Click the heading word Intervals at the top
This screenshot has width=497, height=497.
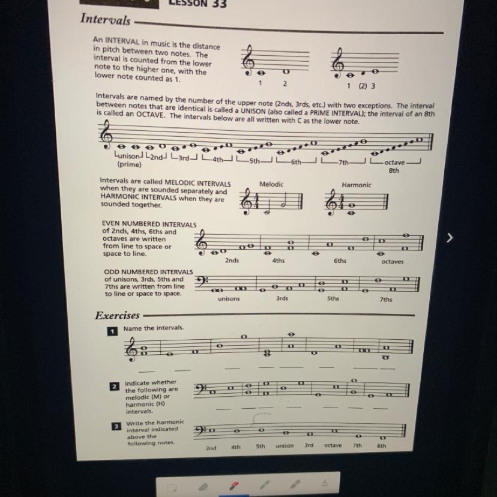pos(105,19)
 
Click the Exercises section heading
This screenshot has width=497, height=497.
pos(117,315)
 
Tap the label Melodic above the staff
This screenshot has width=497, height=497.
pos(271,184)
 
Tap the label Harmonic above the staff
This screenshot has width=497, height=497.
pos(357,185)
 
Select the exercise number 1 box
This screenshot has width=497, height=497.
pos(112,331)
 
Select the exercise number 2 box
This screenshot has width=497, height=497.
pos(115,387)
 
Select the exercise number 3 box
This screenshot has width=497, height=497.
pos(116,426)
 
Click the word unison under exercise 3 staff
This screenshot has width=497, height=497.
pos(285,445)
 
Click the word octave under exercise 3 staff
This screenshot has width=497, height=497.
pos(333,445)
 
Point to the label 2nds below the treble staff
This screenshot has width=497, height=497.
pos(232,261)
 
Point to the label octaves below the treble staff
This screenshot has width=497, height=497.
pos(393,262)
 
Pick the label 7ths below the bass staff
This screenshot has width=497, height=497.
pos(386,299)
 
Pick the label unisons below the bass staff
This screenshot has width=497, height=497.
pos(229,298)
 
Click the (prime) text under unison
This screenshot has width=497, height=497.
pos(129,164)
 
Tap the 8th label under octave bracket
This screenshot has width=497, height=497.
pos(394,170)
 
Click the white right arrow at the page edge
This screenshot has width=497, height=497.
pos(450,238)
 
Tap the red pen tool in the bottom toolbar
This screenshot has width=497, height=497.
pos(234,485)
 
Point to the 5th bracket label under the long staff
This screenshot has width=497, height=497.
pos(255,161)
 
